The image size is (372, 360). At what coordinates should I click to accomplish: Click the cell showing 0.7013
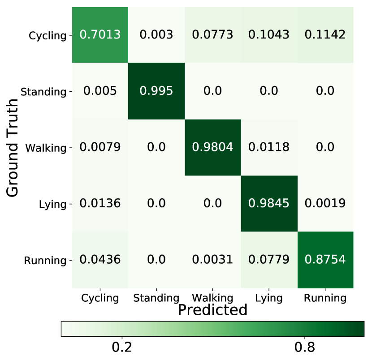coord(100,35)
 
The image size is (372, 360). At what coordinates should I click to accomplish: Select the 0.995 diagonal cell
coord(156,91)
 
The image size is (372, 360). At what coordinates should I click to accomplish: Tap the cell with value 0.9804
coord(213,147)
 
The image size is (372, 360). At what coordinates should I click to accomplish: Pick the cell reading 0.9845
coord(269,203)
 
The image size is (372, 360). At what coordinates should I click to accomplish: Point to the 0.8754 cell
coord(326,260)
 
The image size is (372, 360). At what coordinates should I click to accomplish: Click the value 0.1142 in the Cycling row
coord(326,35)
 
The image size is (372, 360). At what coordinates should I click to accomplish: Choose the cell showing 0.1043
coord(269,35)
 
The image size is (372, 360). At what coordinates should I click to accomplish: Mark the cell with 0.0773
coord(213,35)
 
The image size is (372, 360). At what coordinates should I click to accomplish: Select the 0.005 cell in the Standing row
coord(100,91)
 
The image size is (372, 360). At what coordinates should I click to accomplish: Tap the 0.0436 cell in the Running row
coord(100,260)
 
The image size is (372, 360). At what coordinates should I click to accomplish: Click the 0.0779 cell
coord(269,260)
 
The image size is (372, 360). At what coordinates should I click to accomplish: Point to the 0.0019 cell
coord(326,203)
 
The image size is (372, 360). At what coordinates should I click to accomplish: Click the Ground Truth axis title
coord(13,148)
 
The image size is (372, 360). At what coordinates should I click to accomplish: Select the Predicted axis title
coord(212,310)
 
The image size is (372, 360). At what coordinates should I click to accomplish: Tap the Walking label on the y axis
coord(46,148)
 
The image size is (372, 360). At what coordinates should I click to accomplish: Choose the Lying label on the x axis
coord(269,298)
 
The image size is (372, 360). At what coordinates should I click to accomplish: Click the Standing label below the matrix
coord(156,298)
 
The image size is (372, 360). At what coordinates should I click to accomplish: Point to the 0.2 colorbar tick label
coord(121,347)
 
